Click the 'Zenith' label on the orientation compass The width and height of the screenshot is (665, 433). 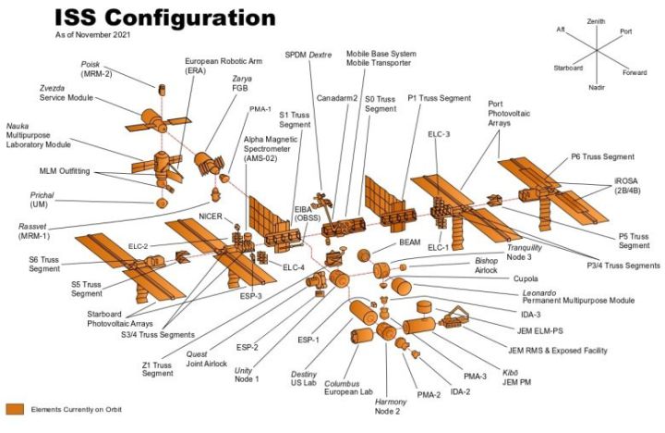point(597,20)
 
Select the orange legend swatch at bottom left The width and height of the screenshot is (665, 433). point(16,409)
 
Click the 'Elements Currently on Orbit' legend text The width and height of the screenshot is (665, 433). point(76,409)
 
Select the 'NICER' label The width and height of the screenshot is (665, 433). point(212,217)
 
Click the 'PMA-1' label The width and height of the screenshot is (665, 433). point(260,109)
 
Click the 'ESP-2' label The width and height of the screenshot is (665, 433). point(248,348)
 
